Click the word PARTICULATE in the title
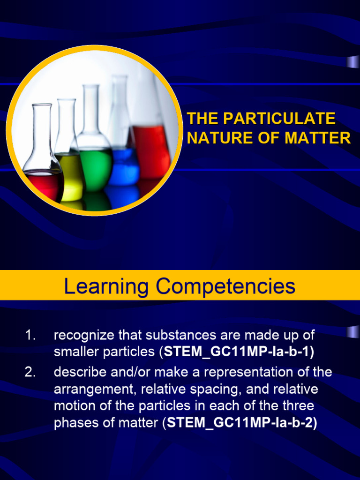coord(279,119)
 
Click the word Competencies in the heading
coord(225,285)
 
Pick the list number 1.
coord(30,335)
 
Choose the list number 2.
coord(30,372)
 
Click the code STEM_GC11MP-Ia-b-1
coord(239,352)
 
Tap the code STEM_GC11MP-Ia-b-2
coord(242,423)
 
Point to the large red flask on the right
coord(151,150)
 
